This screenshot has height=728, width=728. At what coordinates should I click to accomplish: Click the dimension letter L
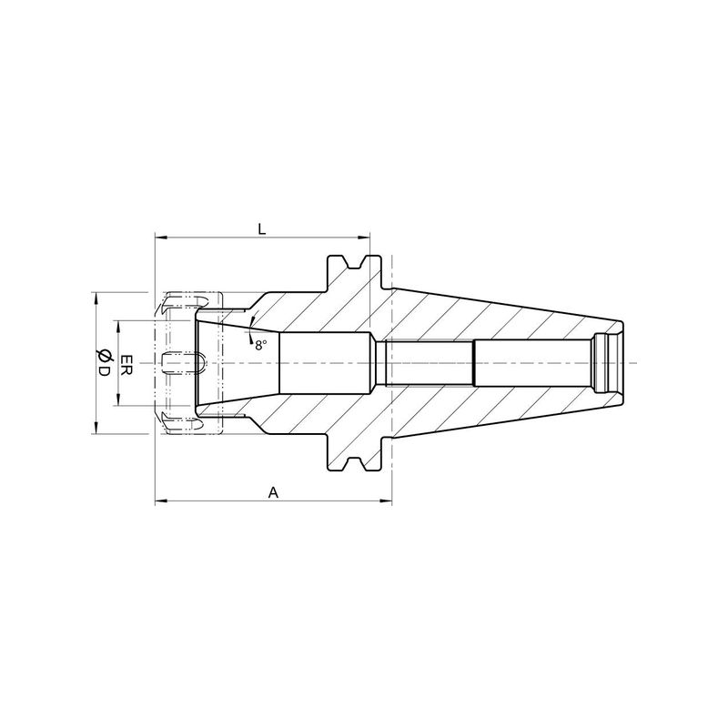[x=262, y=228]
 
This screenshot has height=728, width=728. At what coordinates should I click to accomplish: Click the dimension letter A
[x=274, y=492]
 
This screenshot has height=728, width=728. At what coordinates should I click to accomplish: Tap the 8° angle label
[x=261, y=345]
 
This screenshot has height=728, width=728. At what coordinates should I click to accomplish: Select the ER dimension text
[x=126, y=363]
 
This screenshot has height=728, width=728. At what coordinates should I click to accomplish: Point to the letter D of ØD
[x=103, y=371]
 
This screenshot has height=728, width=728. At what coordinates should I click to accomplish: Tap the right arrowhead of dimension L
[x=364, y=238]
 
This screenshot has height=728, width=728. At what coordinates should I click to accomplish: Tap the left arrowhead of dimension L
[x=161, y=238]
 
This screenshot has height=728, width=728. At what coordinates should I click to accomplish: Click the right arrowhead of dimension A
[x=386, y=500]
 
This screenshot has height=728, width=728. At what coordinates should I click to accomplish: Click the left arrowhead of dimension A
[x=161, y=500]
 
